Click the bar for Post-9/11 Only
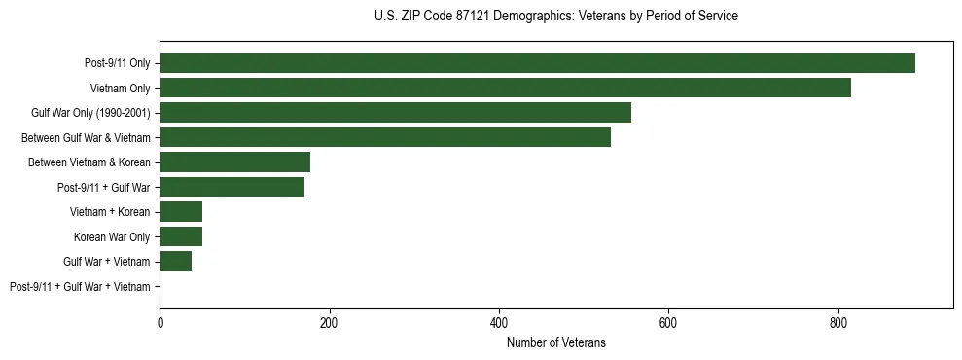click(537, 63)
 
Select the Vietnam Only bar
click(505, 88)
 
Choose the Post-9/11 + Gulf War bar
click(232, 187)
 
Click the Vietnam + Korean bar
click(181, 212)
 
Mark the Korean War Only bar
click(181, 236)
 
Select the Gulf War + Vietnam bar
click(175, 262)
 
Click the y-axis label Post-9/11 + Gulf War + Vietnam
click(80, 287)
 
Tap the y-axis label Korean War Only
click(112, 237)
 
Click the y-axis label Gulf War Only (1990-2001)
click(90, 113)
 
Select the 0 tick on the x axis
click(160, 322)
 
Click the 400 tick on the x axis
click(499, 322)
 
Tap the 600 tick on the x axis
click(668, 322)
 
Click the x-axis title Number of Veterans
click(555, 342)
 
